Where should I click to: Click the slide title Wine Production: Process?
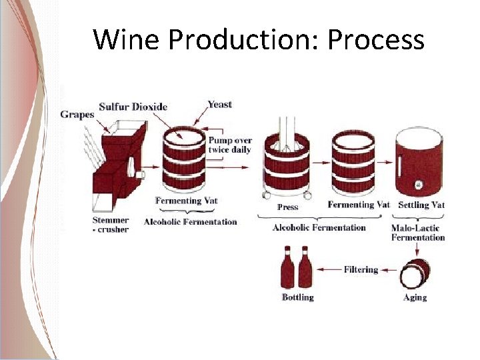pyautogui.click(x=259, y=40)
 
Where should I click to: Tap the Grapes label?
pyautogui.click(x=77, y=114)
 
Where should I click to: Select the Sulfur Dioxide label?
pyautogui.click(x=133, y=107)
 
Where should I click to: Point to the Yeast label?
pyautogui.click(x=219, y=104)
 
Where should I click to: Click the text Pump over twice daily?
pyautogui.click(x=229, y=145)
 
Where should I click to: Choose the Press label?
pyautogui.click(x=287, y=207)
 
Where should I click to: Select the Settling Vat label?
pyautogui.click(x=421, y=205)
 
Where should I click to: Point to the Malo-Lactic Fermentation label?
pyautogui.click(x=417, y=232)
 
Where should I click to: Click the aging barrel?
pyautogui.click(x=415, y=273)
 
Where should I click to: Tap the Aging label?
pyautogui.click(x=415, y=297)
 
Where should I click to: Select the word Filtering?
pyautogui.click(x=361, y=269)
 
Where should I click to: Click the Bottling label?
pyautogui.click(x=297, y=297)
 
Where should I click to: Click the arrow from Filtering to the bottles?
pyautogui.click(x=329, y=269)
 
